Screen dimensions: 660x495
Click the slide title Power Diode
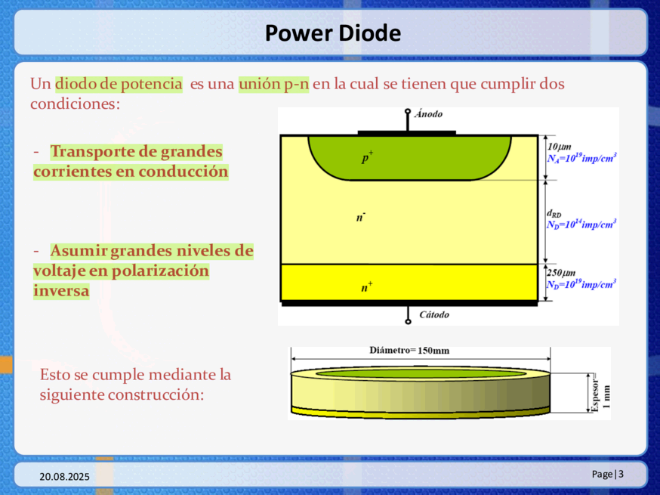click(x=332, y=33)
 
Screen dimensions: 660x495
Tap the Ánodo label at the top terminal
click(x=428, y=114)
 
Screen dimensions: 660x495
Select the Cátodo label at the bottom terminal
click(x=434, y=314)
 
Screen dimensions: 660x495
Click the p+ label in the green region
click(x=368, y=156)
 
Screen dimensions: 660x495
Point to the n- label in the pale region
click(x=361, y=217)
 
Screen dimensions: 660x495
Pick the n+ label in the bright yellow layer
click(x=366, y=287)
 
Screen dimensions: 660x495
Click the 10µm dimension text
click(x=559, y=147)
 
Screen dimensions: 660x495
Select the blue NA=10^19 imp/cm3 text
click(x=581, y=158)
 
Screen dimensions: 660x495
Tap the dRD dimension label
click(x=554, y=214)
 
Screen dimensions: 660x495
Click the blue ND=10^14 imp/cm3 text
click(x=581, y=224)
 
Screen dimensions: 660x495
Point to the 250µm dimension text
click(x=561, y=273)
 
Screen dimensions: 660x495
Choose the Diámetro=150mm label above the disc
click(x=409, y=351)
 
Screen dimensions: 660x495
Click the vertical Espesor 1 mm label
click(x=600, y=393)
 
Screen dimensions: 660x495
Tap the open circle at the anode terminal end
click(x=408, y=112)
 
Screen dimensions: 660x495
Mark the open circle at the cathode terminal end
click(x=408, y=322)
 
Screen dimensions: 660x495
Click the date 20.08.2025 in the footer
click(x=64, y=476)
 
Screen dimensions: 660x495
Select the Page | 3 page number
click(x=607, y=475)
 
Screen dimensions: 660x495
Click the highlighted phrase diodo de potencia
click(x=119, y=84)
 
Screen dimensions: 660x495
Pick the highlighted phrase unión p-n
click(x=273, y=84)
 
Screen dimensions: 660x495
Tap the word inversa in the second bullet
click(x=61, y=291)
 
